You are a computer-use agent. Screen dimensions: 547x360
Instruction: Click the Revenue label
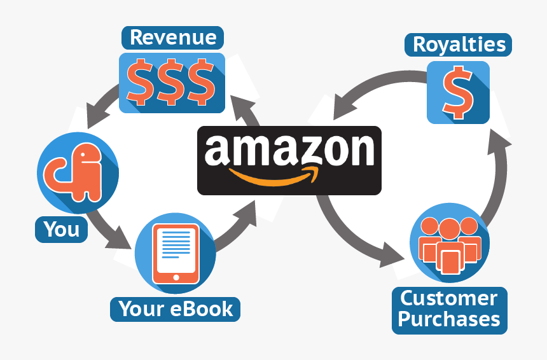(172, 38)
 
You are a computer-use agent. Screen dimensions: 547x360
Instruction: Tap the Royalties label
(459, 45)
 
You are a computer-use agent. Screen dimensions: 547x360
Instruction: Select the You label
(62, 229)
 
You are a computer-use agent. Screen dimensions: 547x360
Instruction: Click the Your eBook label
(176, 309)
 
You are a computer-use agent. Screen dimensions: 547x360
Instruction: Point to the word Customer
(449, 299)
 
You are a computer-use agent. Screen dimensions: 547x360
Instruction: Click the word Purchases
(449, 319)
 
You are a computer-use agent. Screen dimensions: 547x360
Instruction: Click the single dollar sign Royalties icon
(458, 92)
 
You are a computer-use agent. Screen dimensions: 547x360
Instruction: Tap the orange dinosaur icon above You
(77, 170)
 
